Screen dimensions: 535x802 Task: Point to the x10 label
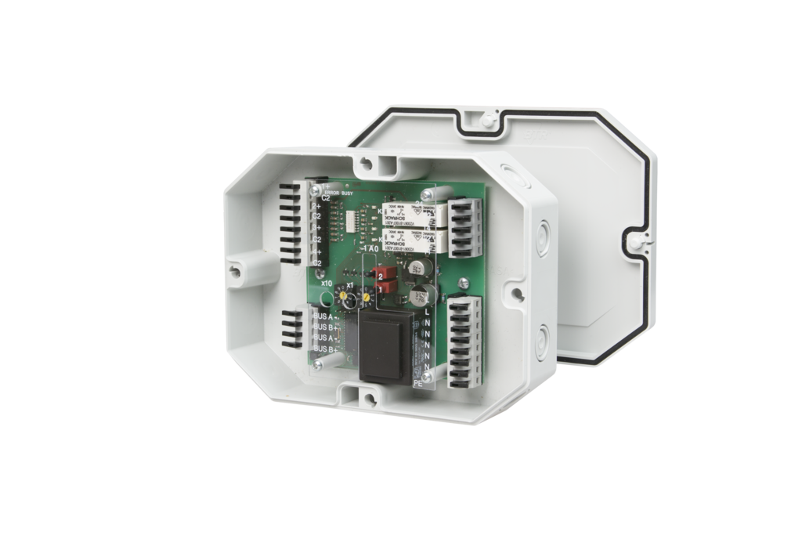327,282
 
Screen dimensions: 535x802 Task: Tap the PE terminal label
418,384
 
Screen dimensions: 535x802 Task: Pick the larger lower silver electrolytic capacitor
421,295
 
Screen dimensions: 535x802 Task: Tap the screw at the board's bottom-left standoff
316,364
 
